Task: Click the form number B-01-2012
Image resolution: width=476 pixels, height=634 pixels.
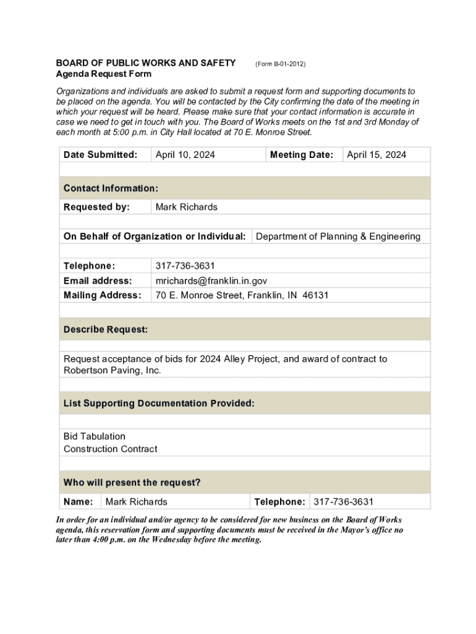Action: click(280, 64)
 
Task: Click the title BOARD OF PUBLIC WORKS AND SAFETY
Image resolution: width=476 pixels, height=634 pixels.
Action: click(146, 63)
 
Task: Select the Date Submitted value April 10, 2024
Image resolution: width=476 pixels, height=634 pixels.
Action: click(185, 155)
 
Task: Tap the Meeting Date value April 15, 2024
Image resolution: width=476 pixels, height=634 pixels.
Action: click(376, 155)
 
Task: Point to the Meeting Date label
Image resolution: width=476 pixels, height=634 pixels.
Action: click(302, 155)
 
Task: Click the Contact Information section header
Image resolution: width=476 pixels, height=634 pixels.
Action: click(111, 188)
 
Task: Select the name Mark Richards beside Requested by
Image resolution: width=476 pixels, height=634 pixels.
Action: click(186, 207)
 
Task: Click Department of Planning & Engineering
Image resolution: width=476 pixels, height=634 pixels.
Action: click(338, 237)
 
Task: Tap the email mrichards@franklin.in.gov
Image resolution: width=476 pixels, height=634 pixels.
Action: click(211, 280)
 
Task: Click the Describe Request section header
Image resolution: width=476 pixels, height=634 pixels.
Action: click(106, 330)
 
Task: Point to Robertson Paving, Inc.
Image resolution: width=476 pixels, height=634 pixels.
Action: click(112, 370)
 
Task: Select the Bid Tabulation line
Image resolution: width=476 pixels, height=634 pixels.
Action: click(94, 436)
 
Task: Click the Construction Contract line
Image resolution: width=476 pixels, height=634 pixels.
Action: click(110, 449)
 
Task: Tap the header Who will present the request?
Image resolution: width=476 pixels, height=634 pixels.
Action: click(132, 482)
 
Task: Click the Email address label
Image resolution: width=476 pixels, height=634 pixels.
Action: click(98, 280)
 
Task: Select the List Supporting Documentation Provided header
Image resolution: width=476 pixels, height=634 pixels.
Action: click(159, 403)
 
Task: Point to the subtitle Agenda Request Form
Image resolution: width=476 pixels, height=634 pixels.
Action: click(103, 74)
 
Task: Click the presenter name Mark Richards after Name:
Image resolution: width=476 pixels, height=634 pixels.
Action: click(136, 502)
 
